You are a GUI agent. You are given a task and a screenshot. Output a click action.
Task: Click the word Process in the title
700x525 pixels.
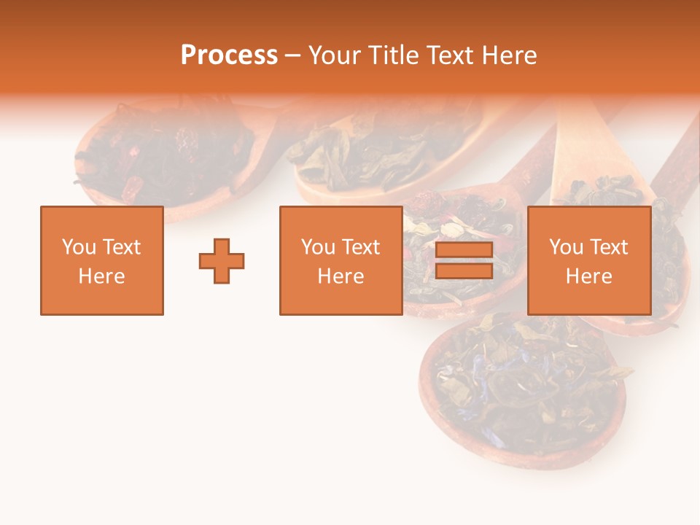[229, 55]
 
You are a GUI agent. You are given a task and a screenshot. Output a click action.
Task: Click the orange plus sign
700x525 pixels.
[222, 261]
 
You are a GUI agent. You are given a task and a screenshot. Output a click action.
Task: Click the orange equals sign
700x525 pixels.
[464, 260]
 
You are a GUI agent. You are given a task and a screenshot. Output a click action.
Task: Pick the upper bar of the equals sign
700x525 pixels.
[464, 251]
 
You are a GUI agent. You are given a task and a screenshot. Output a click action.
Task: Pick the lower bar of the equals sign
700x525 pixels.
[464, 271]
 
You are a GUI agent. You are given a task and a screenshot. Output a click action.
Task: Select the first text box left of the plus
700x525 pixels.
[102, 261]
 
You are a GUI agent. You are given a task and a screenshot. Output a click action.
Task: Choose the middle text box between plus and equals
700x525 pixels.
[341, 261]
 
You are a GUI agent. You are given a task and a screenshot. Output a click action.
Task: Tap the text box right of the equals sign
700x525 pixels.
[589, 261]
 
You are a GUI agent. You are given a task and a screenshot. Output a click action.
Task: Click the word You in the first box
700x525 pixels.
[78, 247]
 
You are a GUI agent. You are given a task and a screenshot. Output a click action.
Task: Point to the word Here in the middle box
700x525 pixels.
[341, 276]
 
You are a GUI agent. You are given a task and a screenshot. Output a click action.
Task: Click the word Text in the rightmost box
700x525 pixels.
[609, 247]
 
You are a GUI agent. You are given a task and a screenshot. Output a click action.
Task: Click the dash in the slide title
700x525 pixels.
[292, 55]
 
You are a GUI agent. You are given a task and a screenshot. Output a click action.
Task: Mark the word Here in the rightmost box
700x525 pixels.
[589, 276]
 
